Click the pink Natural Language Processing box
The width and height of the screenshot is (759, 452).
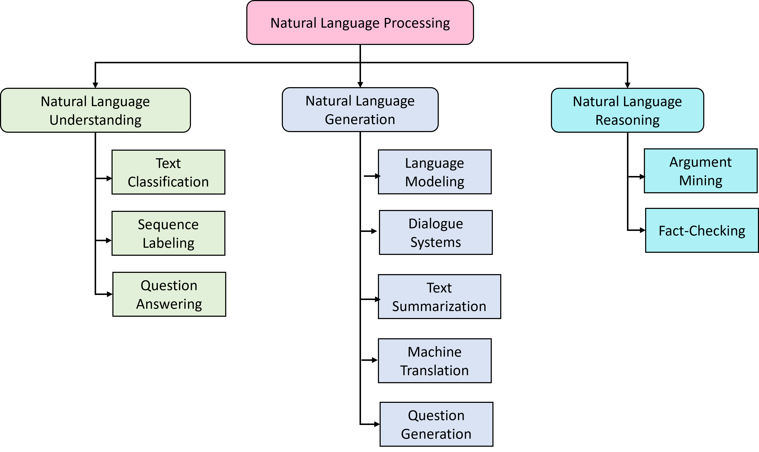pyautogui.click(x=360, y=23)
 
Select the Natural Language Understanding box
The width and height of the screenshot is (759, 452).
pyautogui.click(x=95, y=110)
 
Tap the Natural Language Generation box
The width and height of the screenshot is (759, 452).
pyautogui.click(x=360, y=110)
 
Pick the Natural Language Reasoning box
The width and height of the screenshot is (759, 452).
pyautogui.click(x=627, y=110)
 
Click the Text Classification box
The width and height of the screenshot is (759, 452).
pyautogui.click(x=168, y=172)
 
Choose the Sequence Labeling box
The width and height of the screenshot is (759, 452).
pyautogui.click(x=168, y=233)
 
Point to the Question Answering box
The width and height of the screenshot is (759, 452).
pyautogui.click(x=169, y=294)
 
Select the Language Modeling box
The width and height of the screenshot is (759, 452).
pyautogui.click(x=435, y=172)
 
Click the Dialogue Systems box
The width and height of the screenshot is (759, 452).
pyautogui.click(x=436, y=232)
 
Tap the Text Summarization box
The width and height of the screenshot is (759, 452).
pyautogui.click(x=439, y=297)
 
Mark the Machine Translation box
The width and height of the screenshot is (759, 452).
pyautogui.click(x=435, y=361)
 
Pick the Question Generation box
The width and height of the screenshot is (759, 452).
pyautogui.click(x=436, y=424)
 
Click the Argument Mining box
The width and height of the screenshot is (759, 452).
pyautogui.click(x=700, y=171)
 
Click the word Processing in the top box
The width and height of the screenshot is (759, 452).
pyautogui.click(x=417, y=23)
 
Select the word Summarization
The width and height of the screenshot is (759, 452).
pyautogui.click(x=439, y=306)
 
